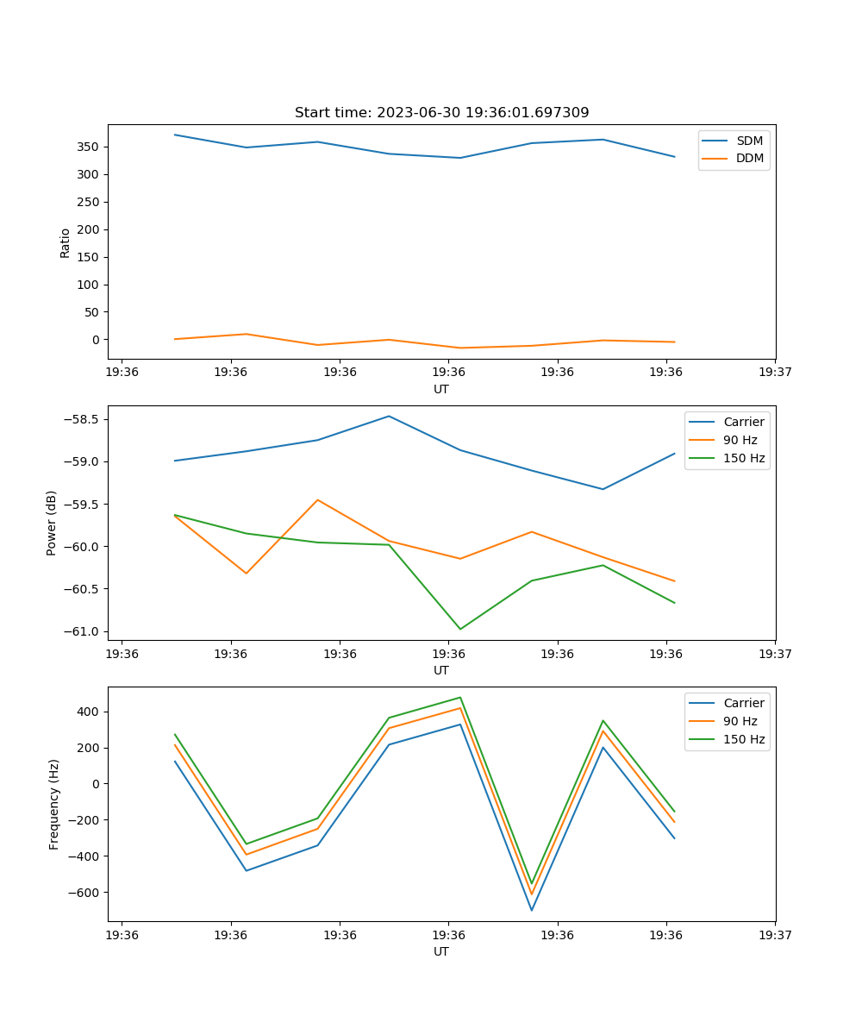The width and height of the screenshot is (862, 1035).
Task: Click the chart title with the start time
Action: click(x=441, y=113)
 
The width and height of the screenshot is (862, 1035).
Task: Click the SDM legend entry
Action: click(x=749, y=140)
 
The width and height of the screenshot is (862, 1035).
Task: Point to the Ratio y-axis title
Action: click(x=65, y=242)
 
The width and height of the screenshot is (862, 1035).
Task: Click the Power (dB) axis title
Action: click(x=52, y=523)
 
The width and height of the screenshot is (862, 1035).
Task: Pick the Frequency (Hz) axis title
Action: click(x=54, y=804)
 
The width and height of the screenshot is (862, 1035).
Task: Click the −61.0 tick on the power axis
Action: click(x=83, y=631)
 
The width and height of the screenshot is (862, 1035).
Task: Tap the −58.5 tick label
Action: click(x=83, y=420)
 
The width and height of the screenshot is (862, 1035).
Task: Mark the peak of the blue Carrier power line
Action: click(x=389, y=416)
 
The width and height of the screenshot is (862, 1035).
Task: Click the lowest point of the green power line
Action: click(x=460, y=629)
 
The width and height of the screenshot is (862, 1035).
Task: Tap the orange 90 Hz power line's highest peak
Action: click(x=317, y=499)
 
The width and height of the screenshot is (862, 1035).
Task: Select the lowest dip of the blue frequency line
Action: click(x=532, y=910)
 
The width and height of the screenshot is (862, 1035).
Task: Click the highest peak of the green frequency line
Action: click(x=460, y=698)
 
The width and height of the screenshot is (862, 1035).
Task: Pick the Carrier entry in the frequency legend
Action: click(x=743, y=703)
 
